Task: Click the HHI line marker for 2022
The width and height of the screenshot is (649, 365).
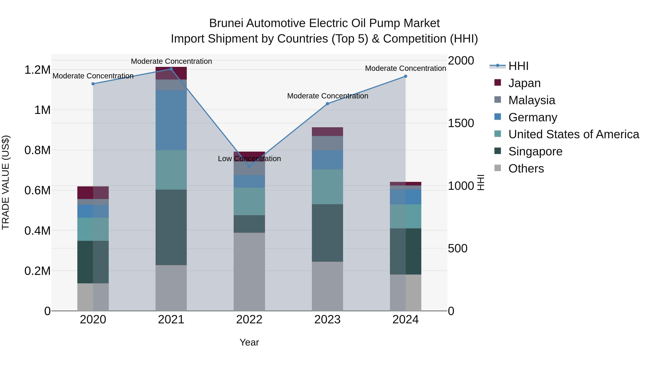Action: pos(250,166)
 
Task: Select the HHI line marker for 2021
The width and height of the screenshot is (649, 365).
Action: pos(171,69)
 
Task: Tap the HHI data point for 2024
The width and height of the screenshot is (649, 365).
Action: pos(406,76)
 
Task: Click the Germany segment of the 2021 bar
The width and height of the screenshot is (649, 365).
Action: pos(171,120)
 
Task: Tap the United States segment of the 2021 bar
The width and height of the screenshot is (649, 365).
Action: pos(171,170)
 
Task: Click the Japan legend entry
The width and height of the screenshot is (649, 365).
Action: pos(524,83)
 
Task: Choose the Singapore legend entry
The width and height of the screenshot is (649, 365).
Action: pos(535,151)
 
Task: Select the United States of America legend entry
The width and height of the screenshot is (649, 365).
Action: pos(573,134)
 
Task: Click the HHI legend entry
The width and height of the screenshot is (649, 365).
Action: pos(518,66)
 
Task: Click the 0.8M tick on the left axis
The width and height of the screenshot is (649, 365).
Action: pos(37,150)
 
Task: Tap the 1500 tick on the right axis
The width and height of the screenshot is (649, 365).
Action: pos(461,123)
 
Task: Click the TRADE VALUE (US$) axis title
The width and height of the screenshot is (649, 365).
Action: pos(6,182)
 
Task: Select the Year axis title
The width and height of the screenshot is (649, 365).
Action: pos(249,342)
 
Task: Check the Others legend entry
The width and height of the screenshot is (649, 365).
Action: pos(526,169)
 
